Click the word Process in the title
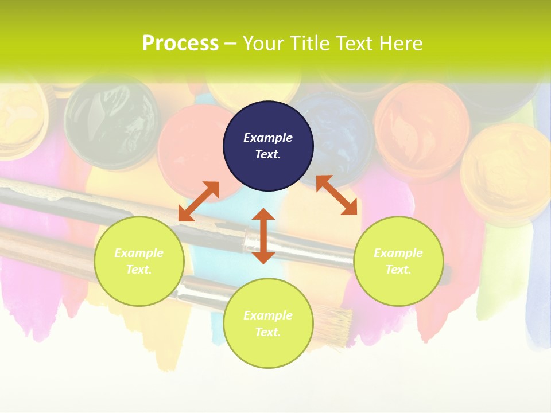coord(180,44)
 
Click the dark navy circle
coord(268,146)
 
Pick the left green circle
coord(139,262)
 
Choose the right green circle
coord(398,262)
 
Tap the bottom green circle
coord(268,323)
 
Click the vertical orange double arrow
coord(263,236)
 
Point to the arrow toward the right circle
coord(336,195)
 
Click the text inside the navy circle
coord(268,146)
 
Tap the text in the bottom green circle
coord(268,324)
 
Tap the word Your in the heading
coord(263,44)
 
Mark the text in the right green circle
coord(398,261)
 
